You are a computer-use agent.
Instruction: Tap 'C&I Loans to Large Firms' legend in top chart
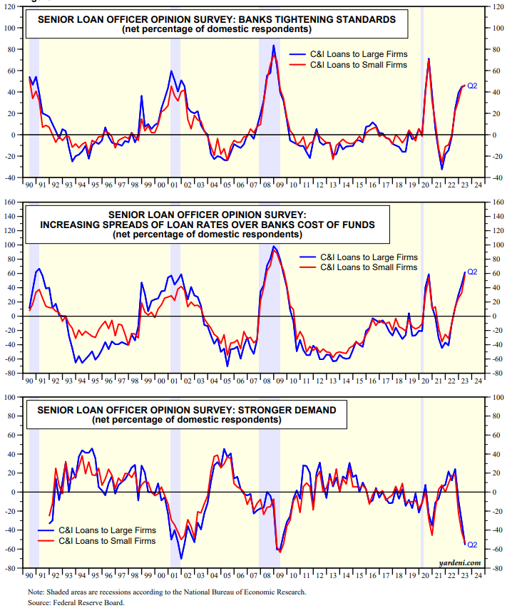[359, 54]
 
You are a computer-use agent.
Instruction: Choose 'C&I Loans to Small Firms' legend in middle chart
[369, 267]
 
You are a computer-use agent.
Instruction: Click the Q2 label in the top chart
[471, 85]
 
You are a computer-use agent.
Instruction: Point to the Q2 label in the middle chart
[471, 272]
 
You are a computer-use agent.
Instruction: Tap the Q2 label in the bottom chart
[471, 545]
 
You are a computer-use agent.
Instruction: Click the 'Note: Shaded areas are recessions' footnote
[167, 592]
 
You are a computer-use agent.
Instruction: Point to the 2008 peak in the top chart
[273, 46]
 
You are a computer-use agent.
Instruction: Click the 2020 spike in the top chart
[429, 58]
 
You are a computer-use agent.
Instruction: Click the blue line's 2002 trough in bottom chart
[181, 558]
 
